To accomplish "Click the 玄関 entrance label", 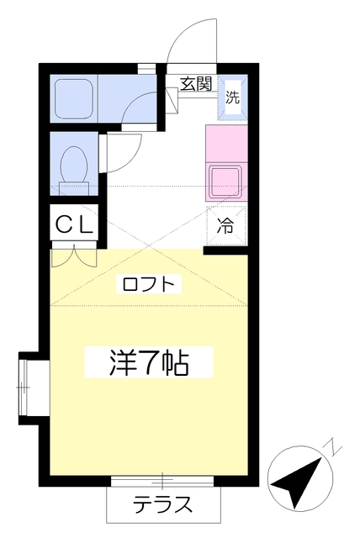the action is (x=197, y=84).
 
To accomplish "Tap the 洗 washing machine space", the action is (x=232, y=98).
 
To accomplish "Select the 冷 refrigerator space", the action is (x=226, y=226).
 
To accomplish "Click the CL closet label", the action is (x=74, y=225).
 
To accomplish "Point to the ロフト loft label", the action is (x=148, y=284).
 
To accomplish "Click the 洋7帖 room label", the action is (x=149, y=362).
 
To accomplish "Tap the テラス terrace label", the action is (x=162, y=504).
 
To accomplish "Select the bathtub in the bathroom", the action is (x=74, y=98).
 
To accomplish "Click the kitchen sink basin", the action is (x=226, y=182).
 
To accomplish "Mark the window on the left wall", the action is (x=23, y=388).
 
